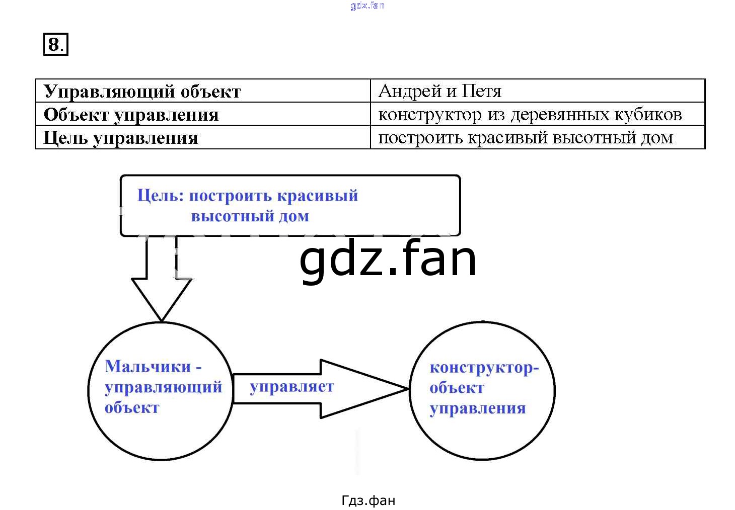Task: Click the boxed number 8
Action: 56,44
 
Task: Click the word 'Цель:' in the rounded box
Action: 161,196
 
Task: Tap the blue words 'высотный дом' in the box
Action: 250,216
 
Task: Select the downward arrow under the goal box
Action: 162,278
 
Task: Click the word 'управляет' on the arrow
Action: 292,387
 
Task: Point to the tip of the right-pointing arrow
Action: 408,389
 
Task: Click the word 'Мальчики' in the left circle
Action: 148,366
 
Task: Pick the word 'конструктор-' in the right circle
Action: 484,368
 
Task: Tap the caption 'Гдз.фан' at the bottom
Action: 368,500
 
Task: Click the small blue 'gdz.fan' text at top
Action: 367,6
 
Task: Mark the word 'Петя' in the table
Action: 482,91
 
